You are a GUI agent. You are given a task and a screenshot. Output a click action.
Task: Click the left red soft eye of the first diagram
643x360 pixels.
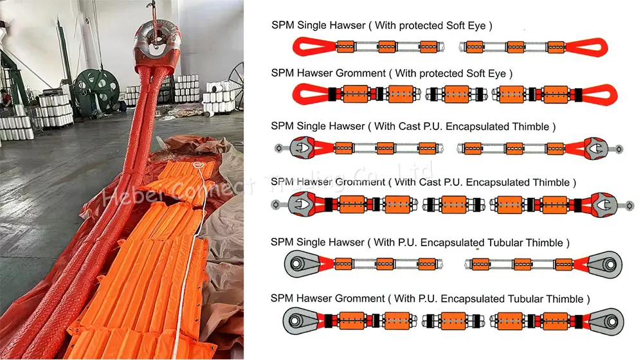308,47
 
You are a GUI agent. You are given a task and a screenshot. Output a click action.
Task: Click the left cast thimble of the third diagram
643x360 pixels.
300,148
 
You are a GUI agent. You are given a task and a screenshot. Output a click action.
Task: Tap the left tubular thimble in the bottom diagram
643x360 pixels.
300,319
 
